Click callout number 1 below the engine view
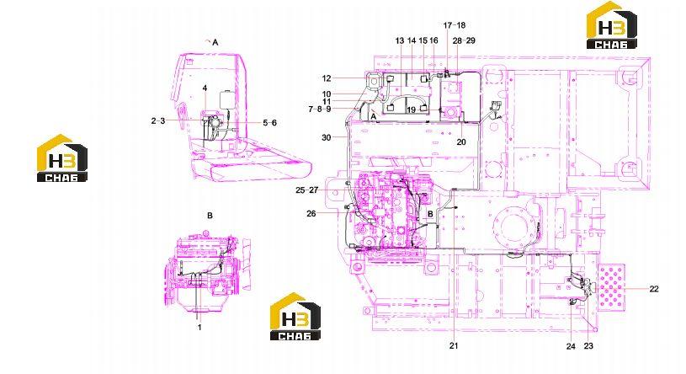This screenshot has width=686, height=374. (x=199, y=327)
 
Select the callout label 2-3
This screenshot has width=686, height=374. (x=158, y=120)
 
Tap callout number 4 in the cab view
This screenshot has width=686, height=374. (x=205, y=88)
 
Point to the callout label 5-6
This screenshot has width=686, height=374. (x=270, y=123)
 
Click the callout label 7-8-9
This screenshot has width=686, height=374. (x=320, y=109)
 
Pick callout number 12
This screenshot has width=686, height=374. (x=327, y=78)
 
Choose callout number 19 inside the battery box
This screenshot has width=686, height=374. (x=411, y=110)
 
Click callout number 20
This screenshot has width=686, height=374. (x=461, y=142)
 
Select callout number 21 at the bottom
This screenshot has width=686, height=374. (x=454, y=345)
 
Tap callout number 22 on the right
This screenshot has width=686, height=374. (x=654, y=289)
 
